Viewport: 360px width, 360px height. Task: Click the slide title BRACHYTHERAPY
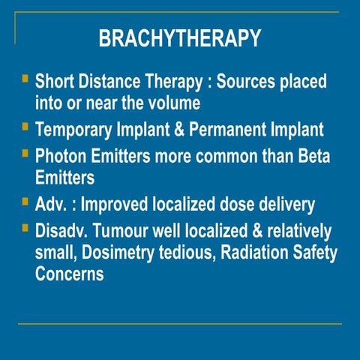click(179, 38)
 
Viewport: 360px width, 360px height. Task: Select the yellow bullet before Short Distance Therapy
click(25, 78)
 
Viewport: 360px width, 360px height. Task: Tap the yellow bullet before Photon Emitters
click(25, 154)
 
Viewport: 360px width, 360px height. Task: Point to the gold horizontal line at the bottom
click(179, 324)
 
